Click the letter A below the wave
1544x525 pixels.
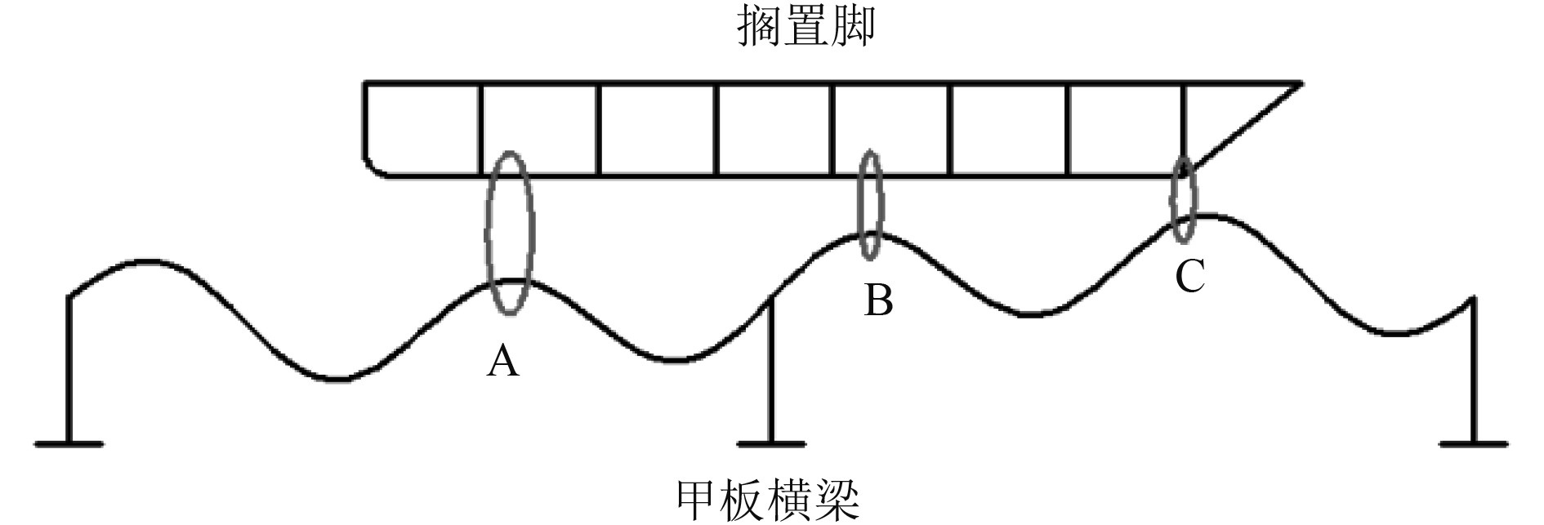tap(502, 360)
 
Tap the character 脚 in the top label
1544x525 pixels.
tap(853, 27)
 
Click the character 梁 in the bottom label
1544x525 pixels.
tap(838, 500)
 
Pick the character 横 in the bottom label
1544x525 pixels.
tap(792, 500)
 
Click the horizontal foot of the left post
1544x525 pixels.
tap(69, 444)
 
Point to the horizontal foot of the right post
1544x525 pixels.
tap(1473, 444)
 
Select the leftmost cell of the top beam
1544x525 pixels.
tap(422, 128)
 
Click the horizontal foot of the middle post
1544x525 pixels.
tap(770, 444)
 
